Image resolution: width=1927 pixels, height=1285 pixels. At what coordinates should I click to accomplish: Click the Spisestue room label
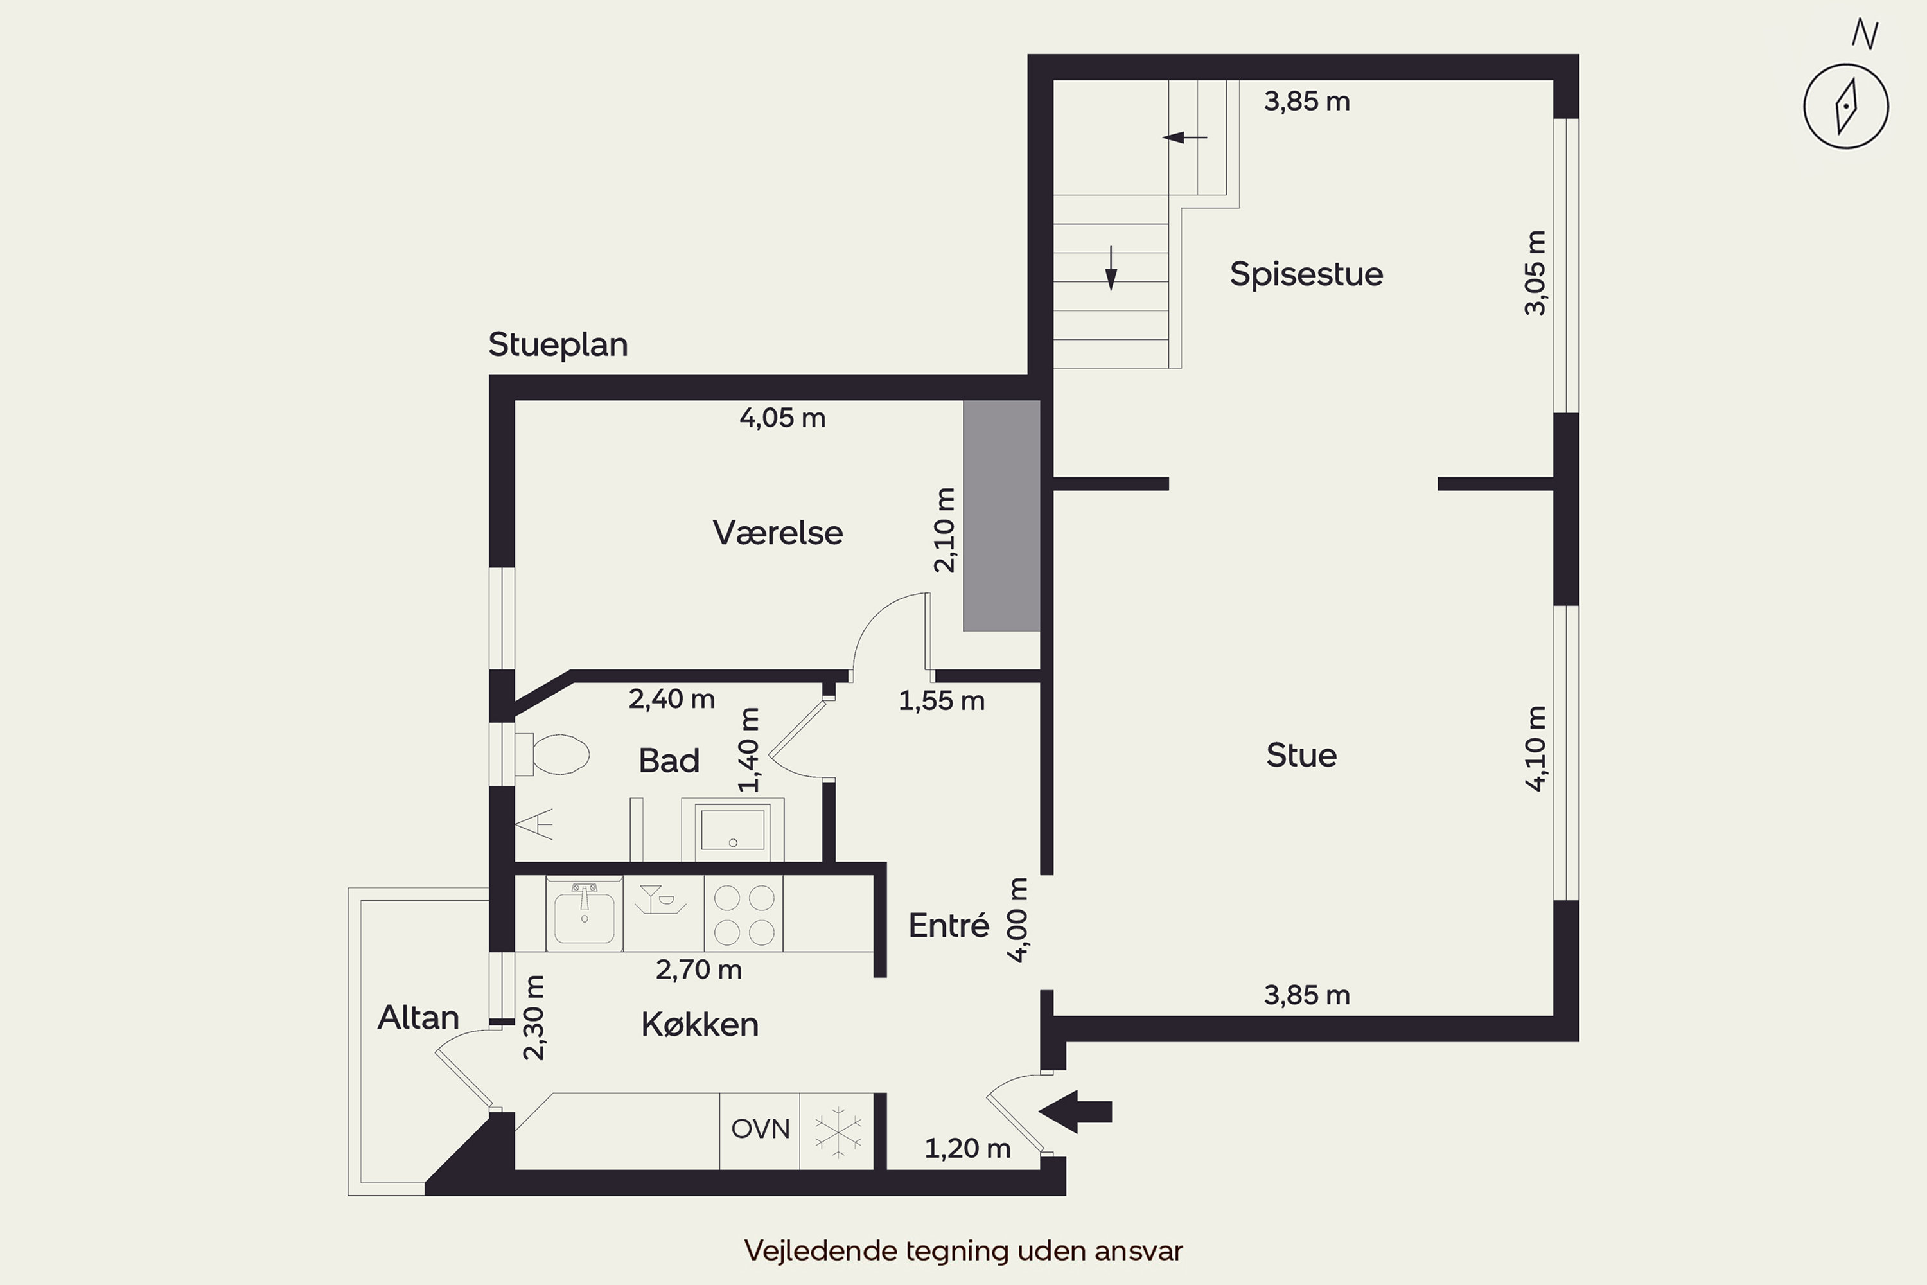(x=1306, y=274)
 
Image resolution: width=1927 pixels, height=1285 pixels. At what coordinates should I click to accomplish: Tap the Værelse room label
(x=777, y=533)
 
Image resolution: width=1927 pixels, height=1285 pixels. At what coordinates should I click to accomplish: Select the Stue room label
(x=1301, y=755)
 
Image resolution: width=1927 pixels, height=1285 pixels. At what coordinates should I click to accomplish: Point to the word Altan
(x=418, y=1018)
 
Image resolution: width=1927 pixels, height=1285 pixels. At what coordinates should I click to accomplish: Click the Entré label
(x=949, y=926)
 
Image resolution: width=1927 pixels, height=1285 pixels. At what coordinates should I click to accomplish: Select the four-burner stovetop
(x=744, y=914)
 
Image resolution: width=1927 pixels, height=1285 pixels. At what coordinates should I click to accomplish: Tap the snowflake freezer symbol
(x=838, y=1131)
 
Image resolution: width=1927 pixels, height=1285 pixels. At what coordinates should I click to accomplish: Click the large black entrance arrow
(x=1075, y=1112)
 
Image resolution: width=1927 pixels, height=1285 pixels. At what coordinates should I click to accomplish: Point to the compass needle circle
(x=1846, y=107)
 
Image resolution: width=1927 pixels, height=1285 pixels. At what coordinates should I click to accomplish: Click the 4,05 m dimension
(x=782, y=418)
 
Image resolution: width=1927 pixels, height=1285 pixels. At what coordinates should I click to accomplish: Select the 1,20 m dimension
(x=967, y=1149)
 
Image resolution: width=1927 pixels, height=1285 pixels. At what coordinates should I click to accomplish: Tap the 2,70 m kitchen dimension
(x=699, y=970)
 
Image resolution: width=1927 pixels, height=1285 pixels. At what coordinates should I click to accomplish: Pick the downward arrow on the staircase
(x=1111, y=269)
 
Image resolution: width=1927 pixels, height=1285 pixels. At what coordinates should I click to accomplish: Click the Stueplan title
(x=558, y=344)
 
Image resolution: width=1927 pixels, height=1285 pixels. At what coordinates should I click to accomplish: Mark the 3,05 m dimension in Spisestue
(x=1535, y=273)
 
